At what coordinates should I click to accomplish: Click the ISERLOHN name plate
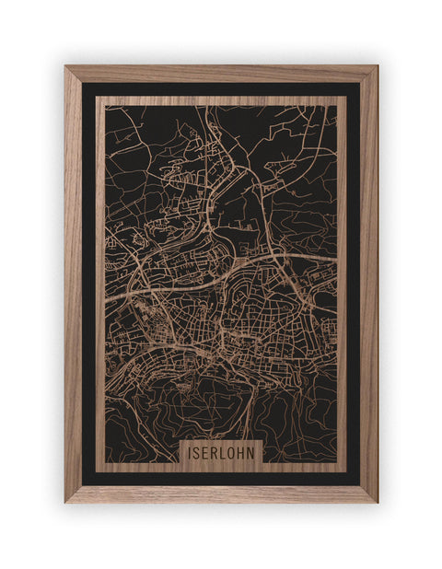coord(221,452)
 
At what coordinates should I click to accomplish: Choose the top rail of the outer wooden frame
coord(221,74)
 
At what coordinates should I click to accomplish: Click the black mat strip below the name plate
coord(221,478)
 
